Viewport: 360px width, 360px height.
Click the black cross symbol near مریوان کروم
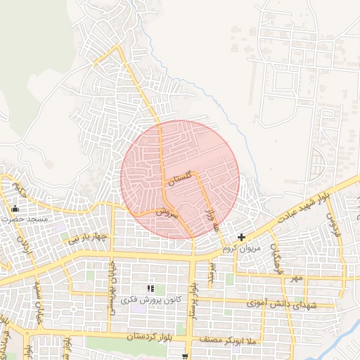coord(242,238)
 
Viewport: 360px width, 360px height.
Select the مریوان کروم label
coord(242,249)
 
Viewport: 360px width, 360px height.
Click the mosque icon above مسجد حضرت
coord(15,209)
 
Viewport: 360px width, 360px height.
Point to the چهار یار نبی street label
coord(90,239)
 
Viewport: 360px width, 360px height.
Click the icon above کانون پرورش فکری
coord(150,289)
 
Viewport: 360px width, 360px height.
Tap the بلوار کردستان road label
coord(150,337)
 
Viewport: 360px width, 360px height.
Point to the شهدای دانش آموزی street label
coord(283,303)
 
